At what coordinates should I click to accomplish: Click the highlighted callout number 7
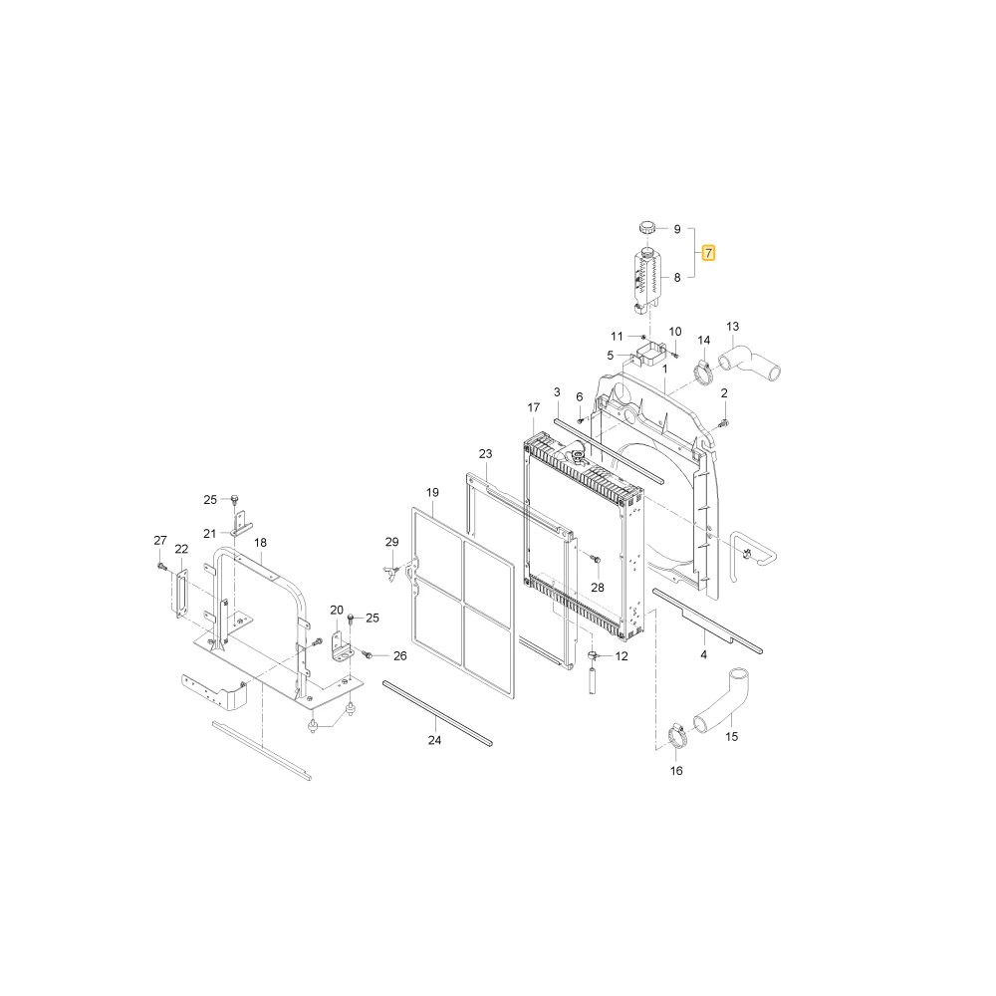pos(708,253)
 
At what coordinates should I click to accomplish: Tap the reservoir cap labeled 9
pos(647,227)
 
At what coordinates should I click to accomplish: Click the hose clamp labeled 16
pos(677,737)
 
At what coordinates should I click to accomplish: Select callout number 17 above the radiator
pos(534,407)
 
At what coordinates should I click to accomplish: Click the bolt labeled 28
pos(596,560)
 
